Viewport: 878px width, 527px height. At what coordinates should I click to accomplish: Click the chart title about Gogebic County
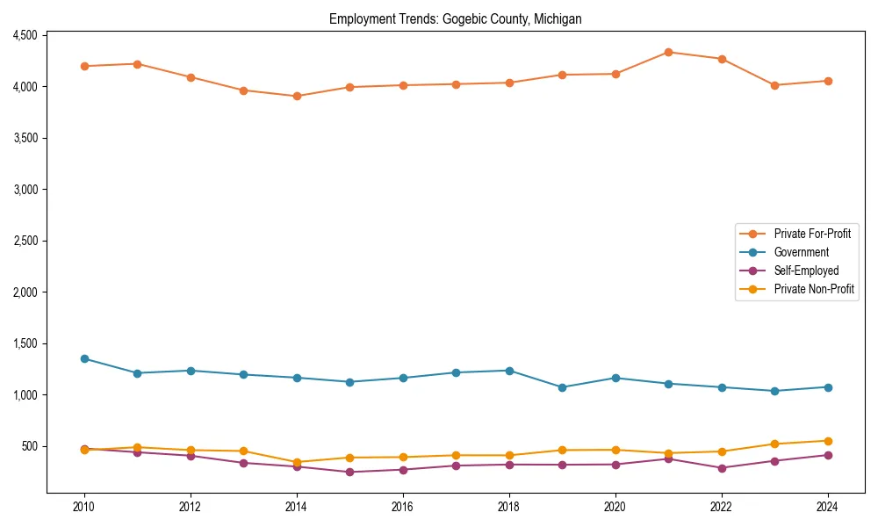455,18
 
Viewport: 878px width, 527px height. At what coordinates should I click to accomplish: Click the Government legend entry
801,252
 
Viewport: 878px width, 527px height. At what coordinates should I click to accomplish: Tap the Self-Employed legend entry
806,271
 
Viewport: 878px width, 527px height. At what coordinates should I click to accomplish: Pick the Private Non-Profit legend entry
814,289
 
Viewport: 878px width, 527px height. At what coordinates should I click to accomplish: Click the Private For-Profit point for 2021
668,52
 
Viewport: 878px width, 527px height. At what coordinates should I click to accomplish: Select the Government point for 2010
84,358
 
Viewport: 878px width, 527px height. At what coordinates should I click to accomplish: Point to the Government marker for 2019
562,387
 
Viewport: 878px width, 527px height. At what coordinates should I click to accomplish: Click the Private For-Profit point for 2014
297,96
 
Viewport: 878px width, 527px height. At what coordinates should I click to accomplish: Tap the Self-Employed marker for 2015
349,472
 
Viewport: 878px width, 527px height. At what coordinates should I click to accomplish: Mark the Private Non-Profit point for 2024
828,441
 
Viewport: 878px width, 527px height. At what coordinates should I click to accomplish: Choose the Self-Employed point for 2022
722,468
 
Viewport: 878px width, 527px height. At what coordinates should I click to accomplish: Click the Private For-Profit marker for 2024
828,81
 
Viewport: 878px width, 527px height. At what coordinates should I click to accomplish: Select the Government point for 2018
509,371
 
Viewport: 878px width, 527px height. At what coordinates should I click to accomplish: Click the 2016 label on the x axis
403,507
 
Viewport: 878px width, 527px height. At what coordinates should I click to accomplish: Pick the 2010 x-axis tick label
84,507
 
